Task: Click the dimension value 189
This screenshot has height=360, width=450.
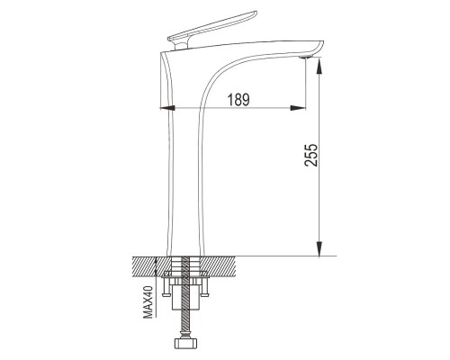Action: (238, 100)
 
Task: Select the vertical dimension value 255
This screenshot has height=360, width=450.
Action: (310, 155)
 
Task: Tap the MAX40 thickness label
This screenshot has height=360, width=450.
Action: (148, 302)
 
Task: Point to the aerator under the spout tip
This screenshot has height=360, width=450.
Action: (306, 57)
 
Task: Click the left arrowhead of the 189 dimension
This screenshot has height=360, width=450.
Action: (167, 108)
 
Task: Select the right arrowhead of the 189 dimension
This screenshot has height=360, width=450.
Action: (298, 108)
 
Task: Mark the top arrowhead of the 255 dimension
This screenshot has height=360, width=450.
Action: (319, 66)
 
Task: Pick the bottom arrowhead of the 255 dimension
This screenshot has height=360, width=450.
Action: (319, 248)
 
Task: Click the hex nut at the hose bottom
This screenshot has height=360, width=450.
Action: (187, 343)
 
